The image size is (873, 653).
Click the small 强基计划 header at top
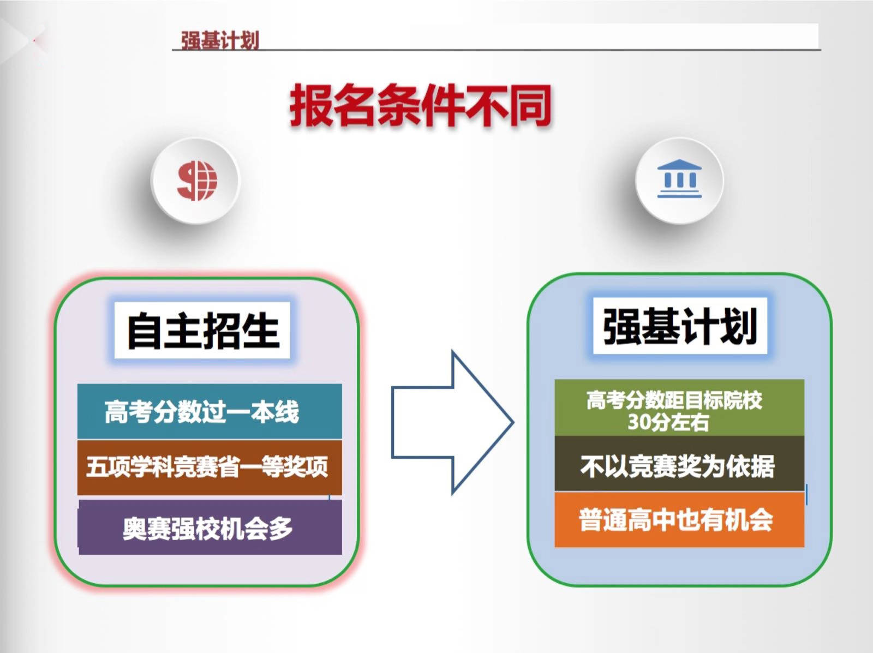pos(220,40)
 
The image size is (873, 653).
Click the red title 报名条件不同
pos(421,105)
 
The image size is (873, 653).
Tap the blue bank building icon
pos(679,178)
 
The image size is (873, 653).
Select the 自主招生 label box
pos(202,330)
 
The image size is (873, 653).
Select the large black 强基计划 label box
pos(680,326)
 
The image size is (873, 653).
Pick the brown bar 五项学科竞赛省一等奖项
pos(210,468)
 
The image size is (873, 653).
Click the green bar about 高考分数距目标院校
pos(679,408)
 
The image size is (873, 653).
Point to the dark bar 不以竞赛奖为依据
pos(679,464)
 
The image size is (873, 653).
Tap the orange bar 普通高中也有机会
pos(679,520)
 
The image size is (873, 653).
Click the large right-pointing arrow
pos(453,423)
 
